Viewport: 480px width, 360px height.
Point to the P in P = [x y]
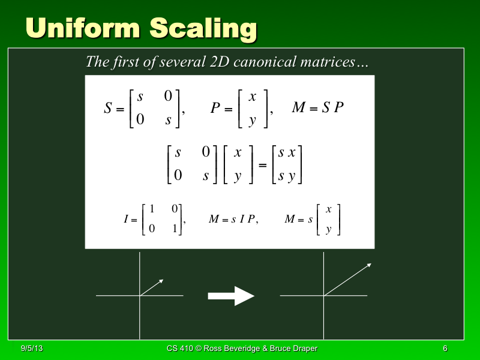pyautogui.click(x=215, y=109)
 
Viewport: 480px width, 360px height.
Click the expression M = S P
pyautogui.click(x=317, y=108)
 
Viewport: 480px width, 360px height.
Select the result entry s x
pyautogui.click(x=286, y=153)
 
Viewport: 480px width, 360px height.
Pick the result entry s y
pyautogui.click(x=286, y=176)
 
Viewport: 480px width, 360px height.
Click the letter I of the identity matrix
pyautogui.click(x=126, y=220)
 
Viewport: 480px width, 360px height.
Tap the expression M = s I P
pyautogui.click(x=233, y=220)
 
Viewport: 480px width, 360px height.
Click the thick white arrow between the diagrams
pyautogui.click(x=231, y=295)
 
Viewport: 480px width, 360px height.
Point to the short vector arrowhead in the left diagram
pyautogui.click(x=161, y=280)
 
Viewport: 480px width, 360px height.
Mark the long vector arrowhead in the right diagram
pyautogui.click(x=369, y=265)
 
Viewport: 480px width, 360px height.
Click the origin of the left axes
pyautogui.click(x=140, y=295)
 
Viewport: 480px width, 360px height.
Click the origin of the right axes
pyautogui.click(x=324, y=295)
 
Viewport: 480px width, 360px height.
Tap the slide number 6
pyautogui.click(x=445, y=349)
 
